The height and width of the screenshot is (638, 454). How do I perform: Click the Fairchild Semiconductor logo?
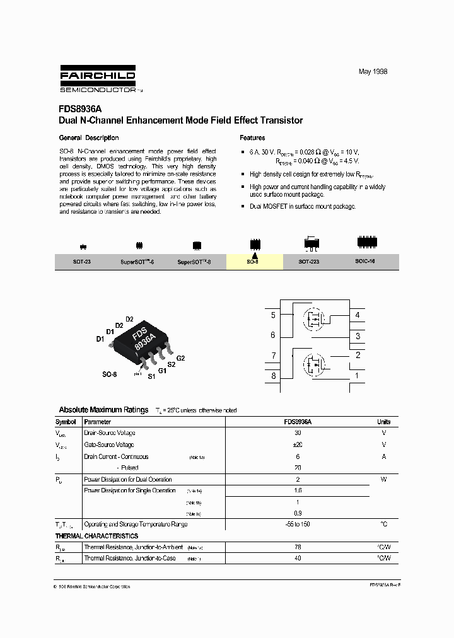(98, 79)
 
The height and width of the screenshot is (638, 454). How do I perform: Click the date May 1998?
(373, 72)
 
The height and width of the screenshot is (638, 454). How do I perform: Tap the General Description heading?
(89, 137)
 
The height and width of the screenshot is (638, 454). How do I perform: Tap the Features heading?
(252, 137)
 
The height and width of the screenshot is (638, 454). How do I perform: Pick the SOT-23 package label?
(83, 261)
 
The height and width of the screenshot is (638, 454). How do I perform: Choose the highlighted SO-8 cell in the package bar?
(254, 261)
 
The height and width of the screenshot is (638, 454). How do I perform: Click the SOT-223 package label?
(308, 261)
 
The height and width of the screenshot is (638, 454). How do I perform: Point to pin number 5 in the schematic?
(273, 315)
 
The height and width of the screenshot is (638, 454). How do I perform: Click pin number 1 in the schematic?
(358, 376)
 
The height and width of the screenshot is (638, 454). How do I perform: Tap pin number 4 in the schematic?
(358, 315)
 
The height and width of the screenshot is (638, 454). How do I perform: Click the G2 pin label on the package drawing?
(180, 358)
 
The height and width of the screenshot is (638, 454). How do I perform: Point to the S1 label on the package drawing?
(151, 376)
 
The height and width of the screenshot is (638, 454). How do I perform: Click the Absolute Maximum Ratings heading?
(103, 410)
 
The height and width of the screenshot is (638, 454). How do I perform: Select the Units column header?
(383, 422)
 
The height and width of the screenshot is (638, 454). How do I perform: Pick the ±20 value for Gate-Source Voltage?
(298, 444)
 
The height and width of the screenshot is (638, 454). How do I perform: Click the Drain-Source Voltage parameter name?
(110, 433)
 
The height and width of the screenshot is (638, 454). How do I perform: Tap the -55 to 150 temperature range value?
(298, 524)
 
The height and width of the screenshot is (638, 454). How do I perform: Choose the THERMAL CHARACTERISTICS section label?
(97, 536)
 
